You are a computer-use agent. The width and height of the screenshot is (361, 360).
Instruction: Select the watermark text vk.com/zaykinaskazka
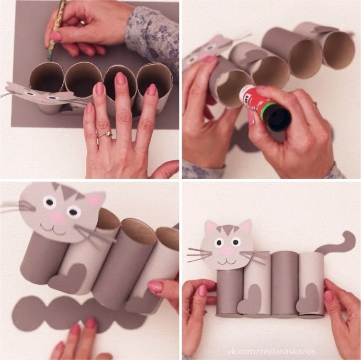point(271,352)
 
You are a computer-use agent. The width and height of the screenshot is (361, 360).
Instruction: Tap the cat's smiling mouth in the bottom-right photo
point(227,261)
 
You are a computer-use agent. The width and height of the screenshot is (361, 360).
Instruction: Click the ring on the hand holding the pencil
point(83,22)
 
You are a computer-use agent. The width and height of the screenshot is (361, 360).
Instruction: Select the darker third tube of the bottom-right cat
point(286,283)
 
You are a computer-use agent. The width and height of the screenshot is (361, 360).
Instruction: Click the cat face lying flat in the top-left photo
point(39,94)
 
